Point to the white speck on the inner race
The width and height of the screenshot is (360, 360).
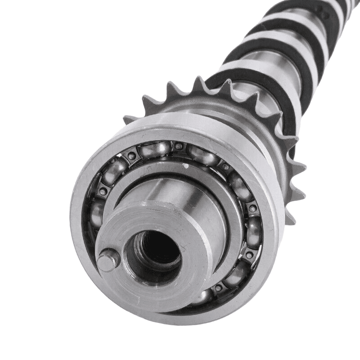pos(185,166)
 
